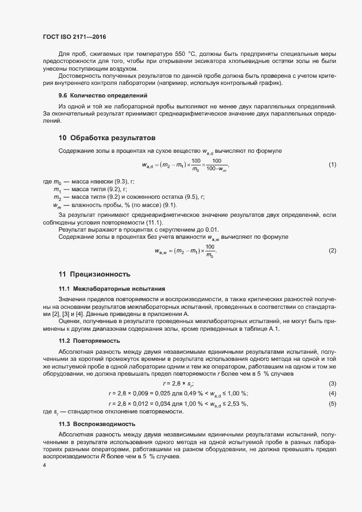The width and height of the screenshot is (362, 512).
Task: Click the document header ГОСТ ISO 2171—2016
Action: tap(74, 37)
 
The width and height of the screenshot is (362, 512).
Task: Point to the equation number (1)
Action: tap(332, 165)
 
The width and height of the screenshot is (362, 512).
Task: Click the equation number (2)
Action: tap(332, 250)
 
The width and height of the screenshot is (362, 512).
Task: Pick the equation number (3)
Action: tap(332, 383)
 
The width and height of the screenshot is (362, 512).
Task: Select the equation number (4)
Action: tap(332, 393)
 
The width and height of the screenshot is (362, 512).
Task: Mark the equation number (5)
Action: tap(332, 404)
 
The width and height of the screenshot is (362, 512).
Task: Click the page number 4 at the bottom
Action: tap(44, 465)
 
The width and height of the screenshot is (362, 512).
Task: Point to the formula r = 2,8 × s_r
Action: tap(178, 383)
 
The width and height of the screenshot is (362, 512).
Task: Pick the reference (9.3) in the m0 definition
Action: tap(120, 181)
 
